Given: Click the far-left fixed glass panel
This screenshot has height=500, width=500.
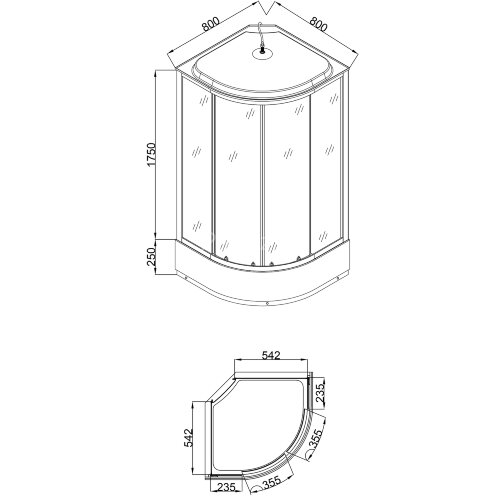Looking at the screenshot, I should click(x=196, y=170).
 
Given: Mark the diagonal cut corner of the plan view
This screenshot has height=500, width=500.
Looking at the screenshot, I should click(x=219, y=391).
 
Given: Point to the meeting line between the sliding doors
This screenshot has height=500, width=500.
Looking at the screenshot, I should click(x=261, y=180).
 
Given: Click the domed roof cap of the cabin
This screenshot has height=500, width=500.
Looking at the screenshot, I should click(x=261, y=70).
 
